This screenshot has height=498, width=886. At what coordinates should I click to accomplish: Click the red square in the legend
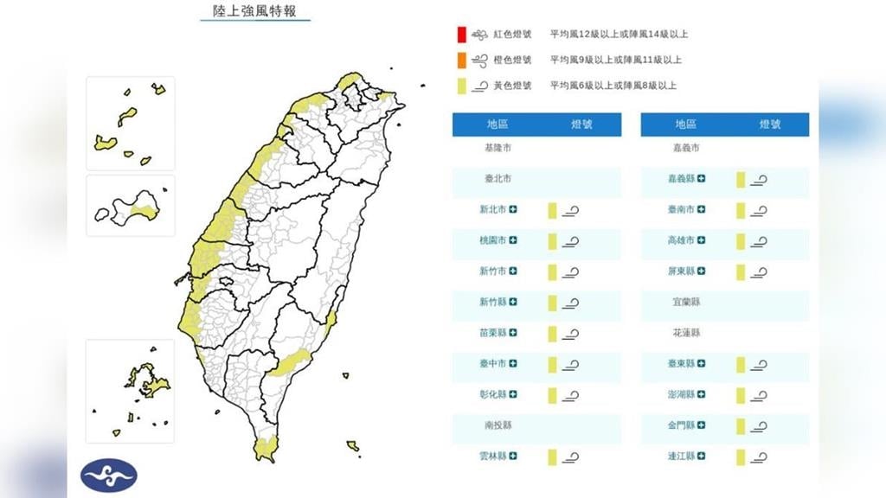(x=463, y=35)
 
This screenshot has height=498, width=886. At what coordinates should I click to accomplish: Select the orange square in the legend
(x=463, y=60)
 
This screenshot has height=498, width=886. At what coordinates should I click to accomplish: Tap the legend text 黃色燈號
(x=512, y=86)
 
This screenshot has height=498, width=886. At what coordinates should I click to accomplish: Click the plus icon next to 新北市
(x=513, y=210)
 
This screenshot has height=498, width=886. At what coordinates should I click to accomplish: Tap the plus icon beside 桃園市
(x=513, y=240)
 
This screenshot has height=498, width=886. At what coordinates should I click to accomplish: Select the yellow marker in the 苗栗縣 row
(x=551, y=333)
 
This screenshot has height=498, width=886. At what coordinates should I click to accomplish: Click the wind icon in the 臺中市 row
(x=570, y=364)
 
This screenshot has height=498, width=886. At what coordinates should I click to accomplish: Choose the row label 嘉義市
(x=686, y=149)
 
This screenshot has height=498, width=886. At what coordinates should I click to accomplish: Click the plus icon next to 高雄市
(x=702, y=240)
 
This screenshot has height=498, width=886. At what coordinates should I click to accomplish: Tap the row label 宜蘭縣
(x=686, y=303)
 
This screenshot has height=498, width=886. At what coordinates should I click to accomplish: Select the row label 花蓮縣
(x=686, y=333)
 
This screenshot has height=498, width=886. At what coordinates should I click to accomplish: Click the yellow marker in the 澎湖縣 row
(x=741, y=395)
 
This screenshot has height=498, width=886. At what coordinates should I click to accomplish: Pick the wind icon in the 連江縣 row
(x=759, y=456)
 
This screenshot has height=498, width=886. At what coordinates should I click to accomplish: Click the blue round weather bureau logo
(x=109, y=475)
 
